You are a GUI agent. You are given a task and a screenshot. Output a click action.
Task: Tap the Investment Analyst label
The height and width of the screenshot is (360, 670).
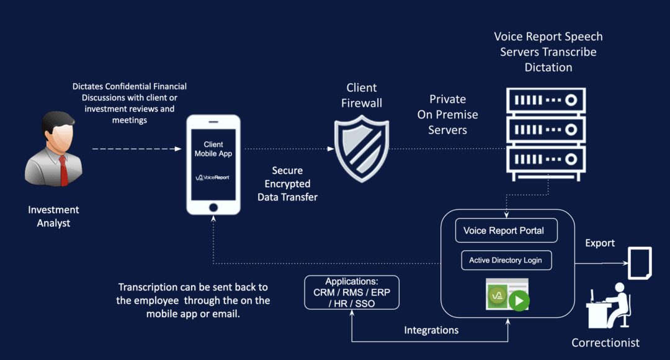pos(53,217)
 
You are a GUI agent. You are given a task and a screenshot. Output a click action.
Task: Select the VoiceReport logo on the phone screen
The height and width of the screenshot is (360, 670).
pos(213,178)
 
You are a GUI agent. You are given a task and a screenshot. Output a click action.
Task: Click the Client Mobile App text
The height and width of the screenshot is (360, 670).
pos(213,149)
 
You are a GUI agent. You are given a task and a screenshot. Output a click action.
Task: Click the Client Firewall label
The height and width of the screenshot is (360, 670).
pos(362,95)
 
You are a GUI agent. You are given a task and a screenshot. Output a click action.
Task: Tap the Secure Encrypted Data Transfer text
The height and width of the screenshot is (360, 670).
pos(287,184)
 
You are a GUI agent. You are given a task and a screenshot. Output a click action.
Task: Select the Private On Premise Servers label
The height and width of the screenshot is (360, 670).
pos(447,114)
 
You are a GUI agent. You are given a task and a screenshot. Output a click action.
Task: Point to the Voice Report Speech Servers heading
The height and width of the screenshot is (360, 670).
pos(548,52)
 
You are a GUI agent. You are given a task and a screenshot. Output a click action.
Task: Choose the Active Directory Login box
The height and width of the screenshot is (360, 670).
pos(506,260)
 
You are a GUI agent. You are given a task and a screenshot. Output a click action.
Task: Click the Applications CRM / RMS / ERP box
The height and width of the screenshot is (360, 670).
pos(352,292)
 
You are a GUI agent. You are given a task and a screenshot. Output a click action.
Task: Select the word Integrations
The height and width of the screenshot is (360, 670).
pos(431,330)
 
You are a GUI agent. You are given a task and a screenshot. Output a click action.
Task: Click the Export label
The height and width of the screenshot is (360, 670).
pos(600,243)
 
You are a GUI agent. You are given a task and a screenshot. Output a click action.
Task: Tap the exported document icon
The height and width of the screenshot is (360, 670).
pos(640,263)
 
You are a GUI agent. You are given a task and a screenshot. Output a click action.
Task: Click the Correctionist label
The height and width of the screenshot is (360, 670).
pos(605,343)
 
